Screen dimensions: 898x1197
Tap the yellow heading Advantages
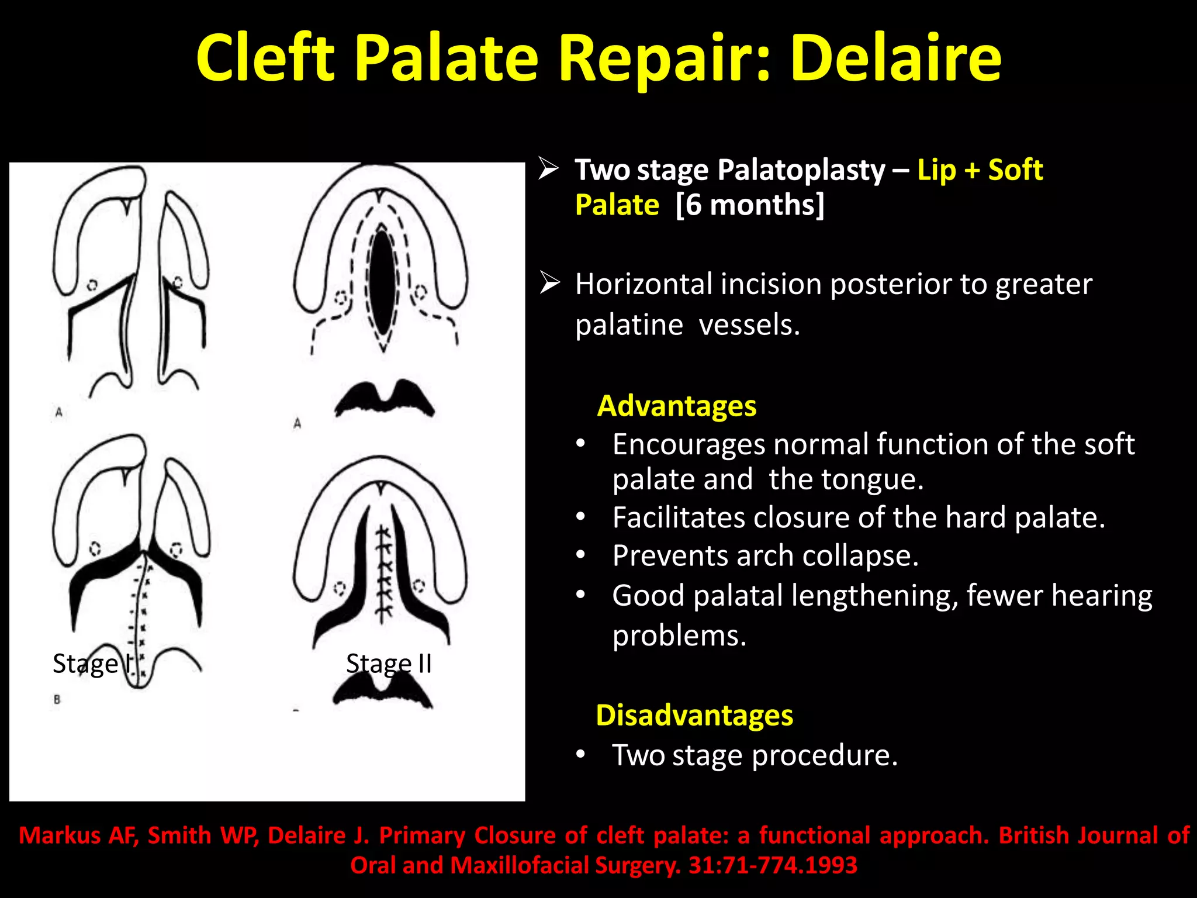[x=676, y=406]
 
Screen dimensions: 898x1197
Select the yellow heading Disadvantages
[x=694, y=715]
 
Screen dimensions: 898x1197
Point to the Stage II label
[x=389, y=664]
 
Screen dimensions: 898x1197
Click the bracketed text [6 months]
[x=749, y=205]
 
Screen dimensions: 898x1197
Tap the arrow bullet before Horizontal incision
[x=549, y=283]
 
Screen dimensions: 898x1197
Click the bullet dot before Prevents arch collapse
[x=580, y=555]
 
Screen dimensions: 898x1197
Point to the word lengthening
[x=874, y=596]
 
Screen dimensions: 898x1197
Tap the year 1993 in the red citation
[x=831, y=865]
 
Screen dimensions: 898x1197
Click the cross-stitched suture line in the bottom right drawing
[x=383, y=573]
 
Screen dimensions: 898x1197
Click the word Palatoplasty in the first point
[x=801, y=170]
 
